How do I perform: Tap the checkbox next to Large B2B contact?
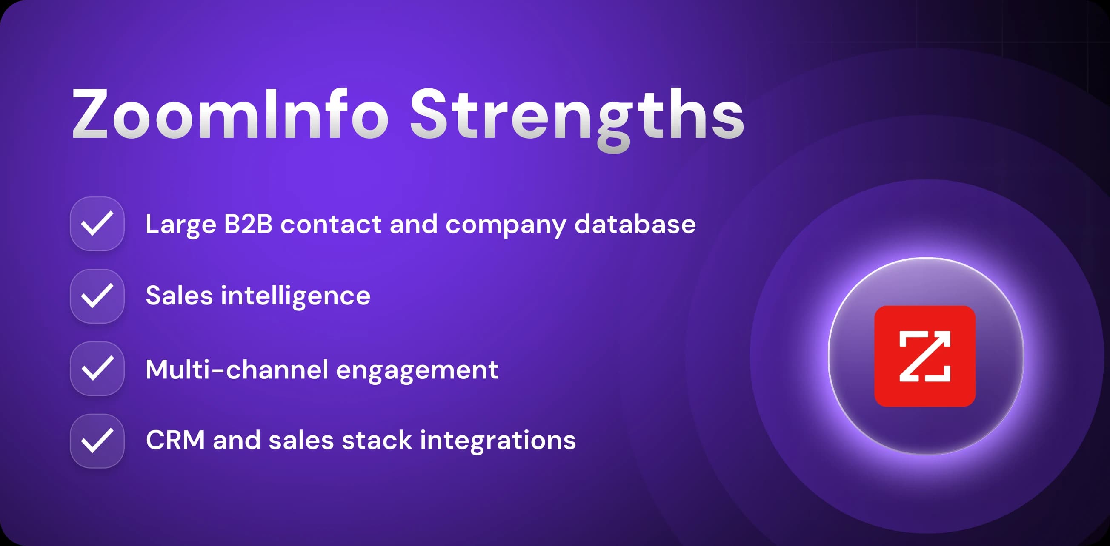tap(97, 224)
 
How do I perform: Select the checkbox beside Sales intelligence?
tap(97, 296)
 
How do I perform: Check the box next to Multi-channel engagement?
tap(97, 369)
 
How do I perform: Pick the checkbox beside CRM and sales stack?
tap(97, 441)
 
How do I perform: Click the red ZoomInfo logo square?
tap(925, 356)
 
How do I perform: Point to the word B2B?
tap(248, 225)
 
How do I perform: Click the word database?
tap(635, 225)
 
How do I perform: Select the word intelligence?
tap(296, 296)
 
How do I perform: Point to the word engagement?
tap(417, 370)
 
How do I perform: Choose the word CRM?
tap(175, 441)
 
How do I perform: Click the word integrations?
tap(498, 441)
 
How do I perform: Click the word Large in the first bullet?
tap(180, 225)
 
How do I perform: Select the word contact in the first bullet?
tap(331, 225)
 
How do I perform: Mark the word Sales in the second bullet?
tap(179, 296)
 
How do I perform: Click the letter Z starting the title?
tap(90, 114)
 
